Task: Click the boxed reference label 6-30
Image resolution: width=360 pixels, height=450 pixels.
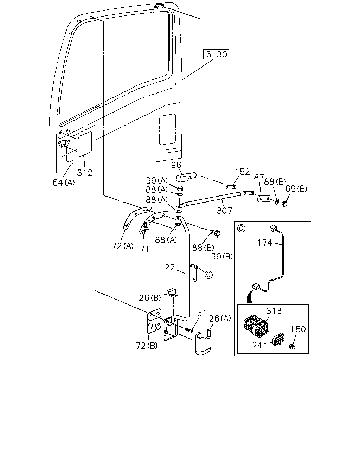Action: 216,54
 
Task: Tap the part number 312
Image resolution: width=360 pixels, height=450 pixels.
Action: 85,173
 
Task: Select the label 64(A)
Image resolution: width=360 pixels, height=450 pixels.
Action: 64,182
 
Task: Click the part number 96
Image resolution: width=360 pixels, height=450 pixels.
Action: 176,165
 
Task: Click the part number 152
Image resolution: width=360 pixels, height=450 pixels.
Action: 243,172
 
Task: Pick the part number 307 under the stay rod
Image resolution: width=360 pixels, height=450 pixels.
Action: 224,211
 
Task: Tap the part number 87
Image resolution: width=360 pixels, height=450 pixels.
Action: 259,177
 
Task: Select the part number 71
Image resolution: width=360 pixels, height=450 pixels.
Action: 144,249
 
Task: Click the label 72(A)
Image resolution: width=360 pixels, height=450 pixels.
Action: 123,246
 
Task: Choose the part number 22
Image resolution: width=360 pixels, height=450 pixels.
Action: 169,268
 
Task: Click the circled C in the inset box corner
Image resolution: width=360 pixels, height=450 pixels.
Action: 241,228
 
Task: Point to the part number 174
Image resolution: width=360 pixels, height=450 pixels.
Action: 265,243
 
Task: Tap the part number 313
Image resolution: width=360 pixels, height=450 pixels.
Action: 274,311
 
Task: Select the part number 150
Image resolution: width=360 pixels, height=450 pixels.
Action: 298,329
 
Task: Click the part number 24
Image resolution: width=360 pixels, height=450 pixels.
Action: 257,345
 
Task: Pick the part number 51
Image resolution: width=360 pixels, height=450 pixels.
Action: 202,313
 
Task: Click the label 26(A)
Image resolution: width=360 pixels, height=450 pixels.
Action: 220,319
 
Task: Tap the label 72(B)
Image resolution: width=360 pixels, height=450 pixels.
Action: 147,346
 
